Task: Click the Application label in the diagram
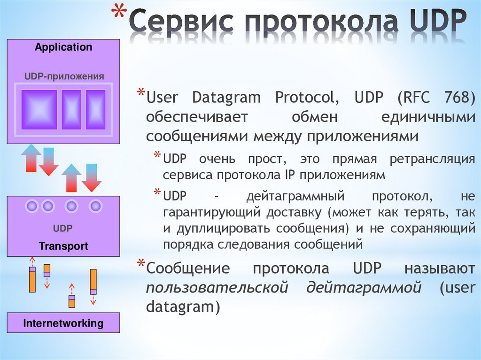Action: tap(63, 47)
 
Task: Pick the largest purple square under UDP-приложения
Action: tap(39, 109)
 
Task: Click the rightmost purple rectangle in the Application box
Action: tap(96, 109)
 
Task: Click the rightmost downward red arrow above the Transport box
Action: tap(91, 177)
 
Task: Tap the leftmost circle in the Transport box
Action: tap(32, 206)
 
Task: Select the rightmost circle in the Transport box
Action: tap(95, 206)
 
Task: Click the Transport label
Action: tap(63, 246)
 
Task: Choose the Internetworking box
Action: tap(63, 323)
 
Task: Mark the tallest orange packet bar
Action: tap(93, 282)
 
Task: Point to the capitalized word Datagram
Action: tap(226, 98)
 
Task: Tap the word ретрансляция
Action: tap(432, 159)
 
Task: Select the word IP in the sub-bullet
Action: tap(290, 175)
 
